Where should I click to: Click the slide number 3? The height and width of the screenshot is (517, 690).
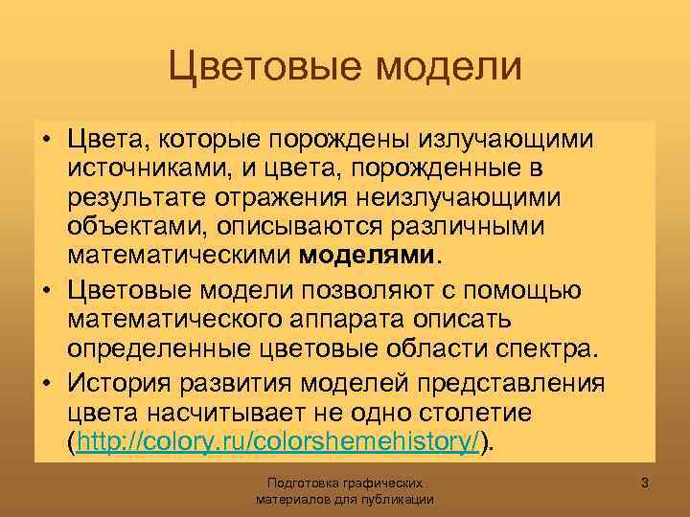[645, 483]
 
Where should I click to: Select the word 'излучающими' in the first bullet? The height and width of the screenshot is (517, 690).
[508, 141]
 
